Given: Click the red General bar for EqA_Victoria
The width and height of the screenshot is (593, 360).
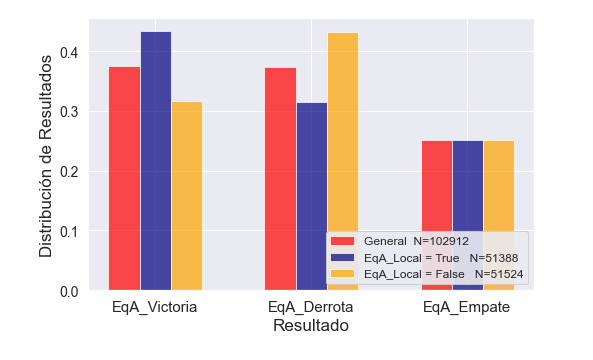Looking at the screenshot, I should tap(124, 179).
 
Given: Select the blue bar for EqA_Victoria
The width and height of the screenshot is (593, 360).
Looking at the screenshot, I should tap(156, 161).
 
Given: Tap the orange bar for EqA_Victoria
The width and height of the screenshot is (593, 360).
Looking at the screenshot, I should tap(187, 196).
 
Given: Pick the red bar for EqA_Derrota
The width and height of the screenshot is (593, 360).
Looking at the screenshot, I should tap(280, 179).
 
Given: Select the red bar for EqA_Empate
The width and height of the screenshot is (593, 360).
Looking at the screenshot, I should tap(436, 216).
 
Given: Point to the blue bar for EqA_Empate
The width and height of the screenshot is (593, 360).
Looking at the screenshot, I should tap(467, 216).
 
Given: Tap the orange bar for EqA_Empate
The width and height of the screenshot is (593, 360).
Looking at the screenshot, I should tap(498, 216).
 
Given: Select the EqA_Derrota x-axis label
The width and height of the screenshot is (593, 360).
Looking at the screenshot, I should tap(311, 307).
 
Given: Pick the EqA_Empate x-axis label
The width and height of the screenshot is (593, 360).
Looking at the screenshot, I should tap(467, 307).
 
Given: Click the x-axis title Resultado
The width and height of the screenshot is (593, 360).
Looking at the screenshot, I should tap(311, 326).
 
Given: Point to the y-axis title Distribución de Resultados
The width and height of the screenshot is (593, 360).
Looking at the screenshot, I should tap(47, 155).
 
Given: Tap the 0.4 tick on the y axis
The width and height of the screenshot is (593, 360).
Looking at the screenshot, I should tap(69, 52).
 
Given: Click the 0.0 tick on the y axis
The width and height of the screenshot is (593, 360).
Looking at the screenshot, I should tap(69, 292).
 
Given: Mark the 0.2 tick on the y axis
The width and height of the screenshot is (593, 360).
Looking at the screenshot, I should tap(69, 172).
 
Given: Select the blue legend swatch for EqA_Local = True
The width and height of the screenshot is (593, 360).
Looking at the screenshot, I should tap(343, 258).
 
